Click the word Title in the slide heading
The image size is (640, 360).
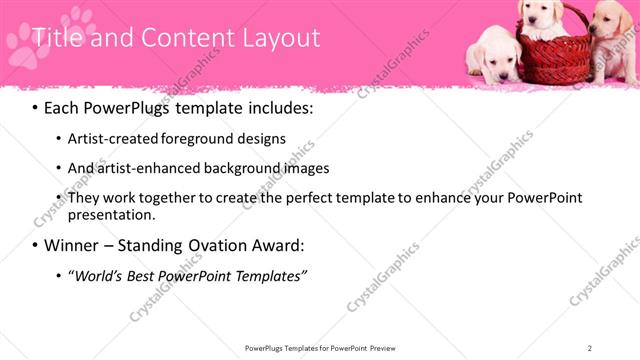click(56, 38)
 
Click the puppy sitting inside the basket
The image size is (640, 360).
click(541, 18)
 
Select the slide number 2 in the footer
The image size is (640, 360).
click(590, 348)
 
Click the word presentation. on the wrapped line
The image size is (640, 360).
click(112, 214)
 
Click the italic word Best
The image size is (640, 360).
click(155, 275)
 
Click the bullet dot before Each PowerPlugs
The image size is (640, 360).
click(35, 106)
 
